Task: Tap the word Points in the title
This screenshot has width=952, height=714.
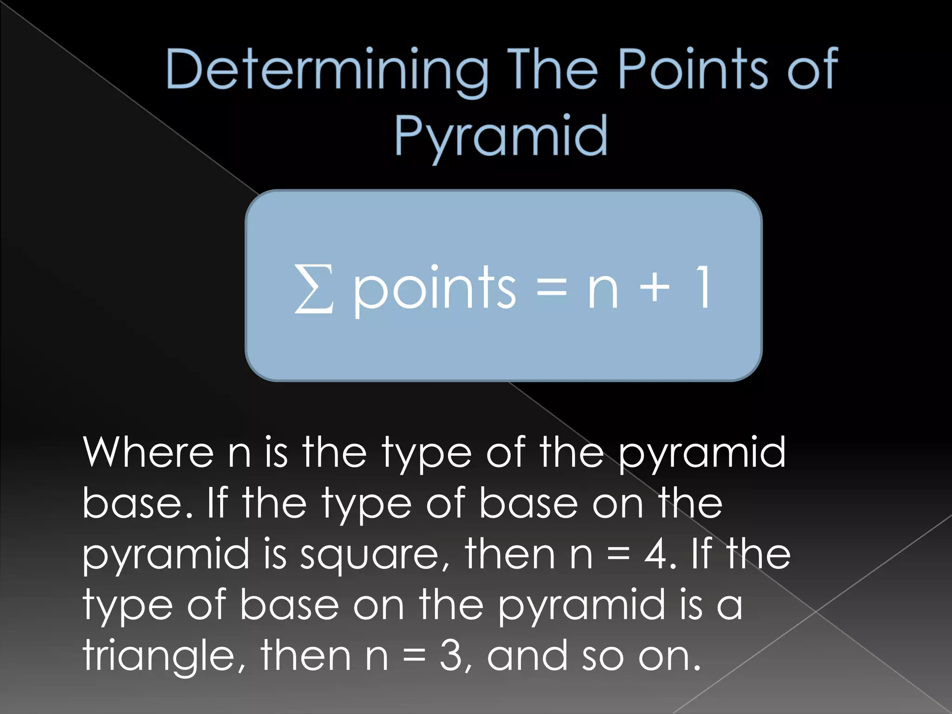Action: coord(693,70)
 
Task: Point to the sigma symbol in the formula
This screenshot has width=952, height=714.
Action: coord(314,288)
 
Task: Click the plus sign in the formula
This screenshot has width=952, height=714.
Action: coord(654,288)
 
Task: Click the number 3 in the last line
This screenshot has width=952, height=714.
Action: coord(451,655)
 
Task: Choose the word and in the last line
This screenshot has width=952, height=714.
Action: coord(527,655)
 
